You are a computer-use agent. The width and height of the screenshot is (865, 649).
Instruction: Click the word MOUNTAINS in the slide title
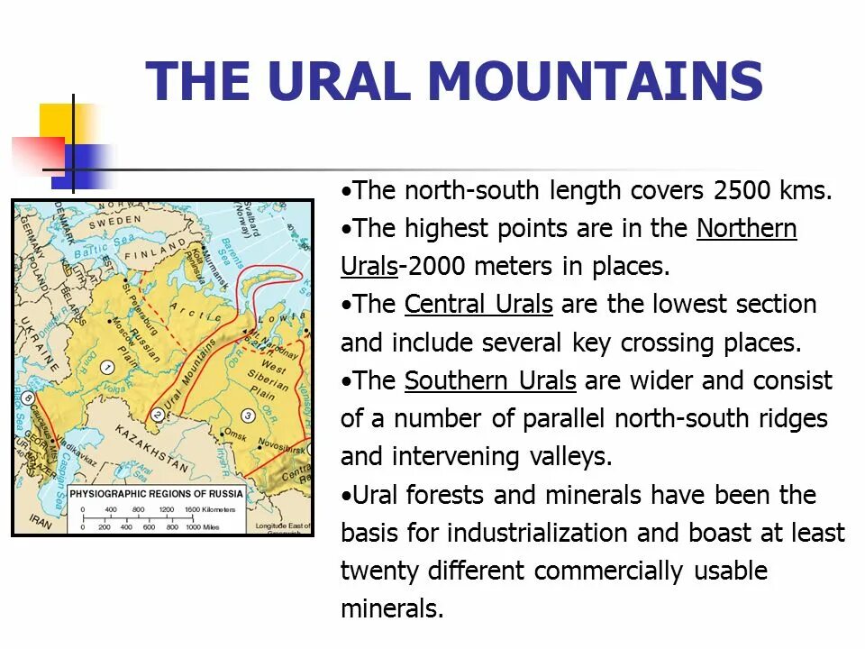click(x=596, y=81)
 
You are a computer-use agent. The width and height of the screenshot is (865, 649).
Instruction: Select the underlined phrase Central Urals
click(x=478, y=305)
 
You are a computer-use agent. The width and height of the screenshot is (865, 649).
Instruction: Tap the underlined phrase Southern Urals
click(x=490, y=381)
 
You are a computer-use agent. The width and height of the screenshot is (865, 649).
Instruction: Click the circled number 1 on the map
click(x=106, y=367)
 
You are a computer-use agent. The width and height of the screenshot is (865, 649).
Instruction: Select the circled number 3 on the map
click(x=248, y=415)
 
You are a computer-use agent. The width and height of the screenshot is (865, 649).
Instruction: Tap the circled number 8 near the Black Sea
click(x=28, y=398)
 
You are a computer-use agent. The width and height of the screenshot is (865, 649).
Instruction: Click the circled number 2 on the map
click(x=157, y=415)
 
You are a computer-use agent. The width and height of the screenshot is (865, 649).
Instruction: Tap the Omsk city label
click(x=236, y=436)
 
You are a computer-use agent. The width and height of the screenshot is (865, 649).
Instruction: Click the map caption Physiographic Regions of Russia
click(x=156, y=494)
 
